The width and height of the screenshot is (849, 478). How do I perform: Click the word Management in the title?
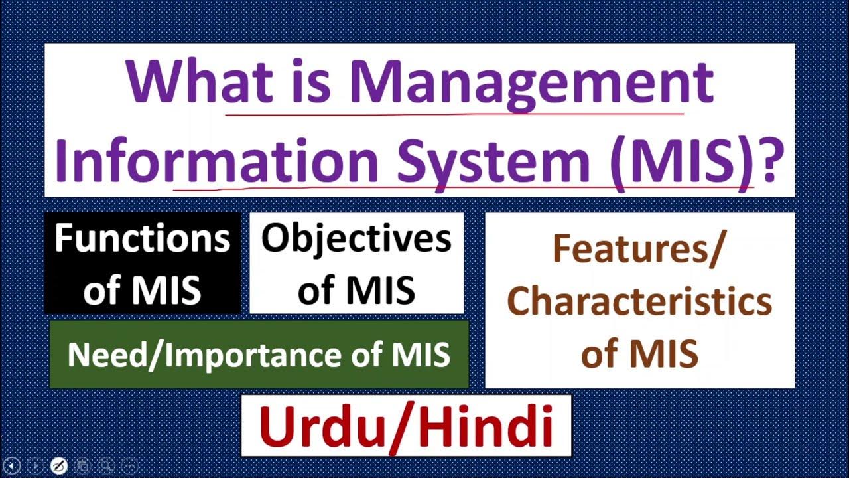[x=531, y=83]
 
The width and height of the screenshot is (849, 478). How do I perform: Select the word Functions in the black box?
[x=142, y=238]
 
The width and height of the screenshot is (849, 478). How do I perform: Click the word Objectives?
[x=356, y=238]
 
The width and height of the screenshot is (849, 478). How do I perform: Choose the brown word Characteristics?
[x=639, y=301]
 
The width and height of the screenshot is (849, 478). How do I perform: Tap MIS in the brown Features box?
[x=663, y=353]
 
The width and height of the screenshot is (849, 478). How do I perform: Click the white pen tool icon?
[x=58, y=465]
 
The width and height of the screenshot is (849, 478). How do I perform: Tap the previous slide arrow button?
[x=12, y=465]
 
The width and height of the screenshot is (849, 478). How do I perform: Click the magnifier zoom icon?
[x=106, y=465]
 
